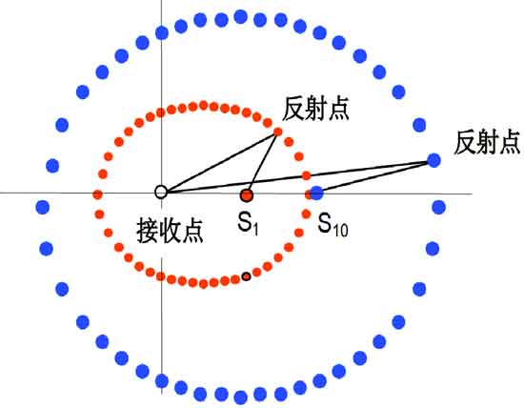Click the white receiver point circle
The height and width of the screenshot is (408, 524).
(x=161, y=192)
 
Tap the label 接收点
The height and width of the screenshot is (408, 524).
(x=171, y=231)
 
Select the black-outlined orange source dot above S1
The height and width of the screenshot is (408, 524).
(x=247, y=195)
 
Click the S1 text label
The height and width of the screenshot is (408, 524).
(x=248, y=224)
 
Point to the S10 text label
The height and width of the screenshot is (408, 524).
(x=333, y=225)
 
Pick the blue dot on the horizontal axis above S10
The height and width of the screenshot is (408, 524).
(x=316, y=193)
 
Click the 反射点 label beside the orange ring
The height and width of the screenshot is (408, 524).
(x=315, y=109)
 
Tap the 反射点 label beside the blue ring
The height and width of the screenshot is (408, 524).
(x=487, y=142)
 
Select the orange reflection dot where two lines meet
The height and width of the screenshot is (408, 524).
(x=277, y=133)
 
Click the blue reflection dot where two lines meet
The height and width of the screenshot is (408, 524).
(x=433, y=160)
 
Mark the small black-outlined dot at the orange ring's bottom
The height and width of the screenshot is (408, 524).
(x=247, y=276)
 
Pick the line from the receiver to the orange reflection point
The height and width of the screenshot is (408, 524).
(x=220, y=162)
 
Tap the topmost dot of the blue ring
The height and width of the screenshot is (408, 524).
(x=241, y=17)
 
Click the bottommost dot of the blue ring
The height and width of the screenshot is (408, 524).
(x=241, y=398)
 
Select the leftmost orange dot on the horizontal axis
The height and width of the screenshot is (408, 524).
(x=97, y=194)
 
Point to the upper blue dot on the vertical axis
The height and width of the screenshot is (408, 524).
(x=162, y=32)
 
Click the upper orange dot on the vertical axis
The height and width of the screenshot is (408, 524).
(x=161, y=112)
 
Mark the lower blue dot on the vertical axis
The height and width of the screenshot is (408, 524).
(x=162, y=381)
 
